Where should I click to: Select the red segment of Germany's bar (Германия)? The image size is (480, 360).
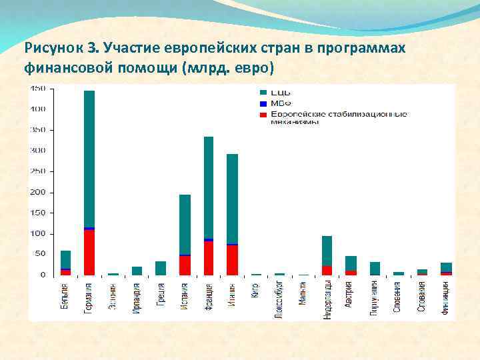tap(89, 253)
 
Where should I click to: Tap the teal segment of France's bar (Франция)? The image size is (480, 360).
tap(209, 187)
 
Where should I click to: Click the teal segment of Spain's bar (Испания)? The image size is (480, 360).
tap(185, 224)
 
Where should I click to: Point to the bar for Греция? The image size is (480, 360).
tap(161, 268)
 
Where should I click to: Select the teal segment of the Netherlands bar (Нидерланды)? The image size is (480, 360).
tap(327, 251)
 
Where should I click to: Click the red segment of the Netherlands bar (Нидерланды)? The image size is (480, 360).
tap(327, 271)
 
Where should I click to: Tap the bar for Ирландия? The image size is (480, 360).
tap(137, 271)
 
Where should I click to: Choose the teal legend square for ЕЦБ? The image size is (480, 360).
tap(263, 92)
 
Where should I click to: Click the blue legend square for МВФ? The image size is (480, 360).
tap(263, 103)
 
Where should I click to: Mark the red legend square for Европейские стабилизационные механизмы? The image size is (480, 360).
tap(263, 115)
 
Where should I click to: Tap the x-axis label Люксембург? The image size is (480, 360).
tap(279, 301)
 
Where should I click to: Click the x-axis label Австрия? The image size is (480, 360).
tap(350, 295)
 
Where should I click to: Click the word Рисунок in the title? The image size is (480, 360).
tap(53, 48)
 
